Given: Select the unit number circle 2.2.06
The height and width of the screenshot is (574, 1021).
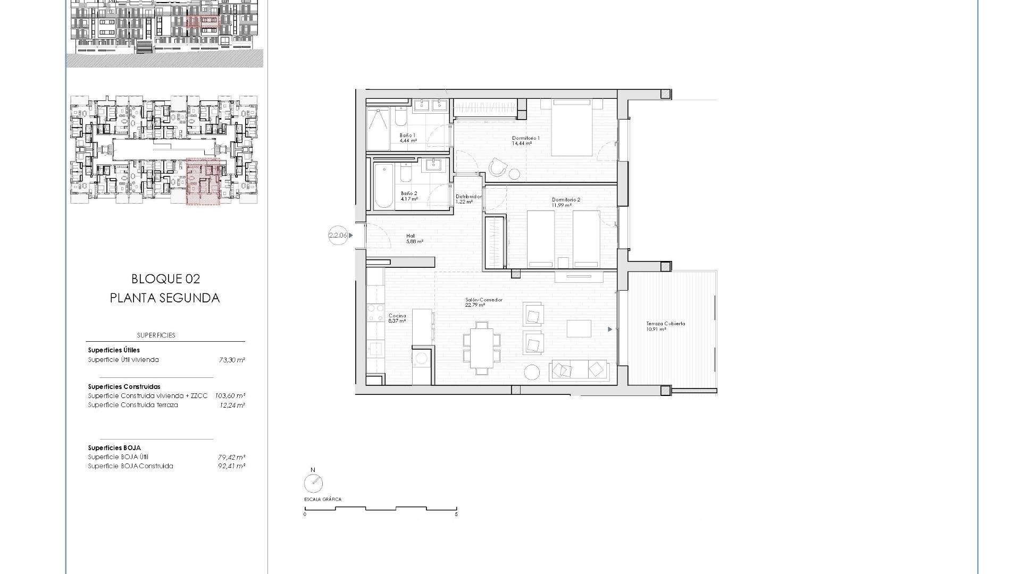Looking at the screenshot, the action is tap(338, 235).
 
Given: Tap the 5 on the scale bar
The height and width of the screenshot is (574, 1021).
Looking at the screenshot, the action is tap(456, 514).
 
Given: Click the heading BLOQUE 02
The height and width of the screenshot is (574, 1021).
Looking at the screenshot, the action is tap(165, 278).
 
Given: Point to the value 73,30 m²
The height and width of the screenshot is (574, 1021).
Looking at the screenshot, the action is tap(232, 360).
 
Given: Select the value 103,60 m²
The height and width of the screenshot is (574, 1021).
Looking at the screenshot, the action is tap(230, 396).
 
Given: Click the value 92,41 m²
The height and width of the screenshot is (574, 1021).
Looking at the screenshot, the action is tap(232, 466).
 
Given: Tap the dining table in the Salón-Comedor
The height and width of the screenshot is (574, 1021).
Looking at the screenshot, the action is tap(482, 348).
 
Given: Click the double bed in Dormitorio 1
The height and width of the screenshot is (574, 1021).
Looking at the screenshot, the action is tap(572, 127).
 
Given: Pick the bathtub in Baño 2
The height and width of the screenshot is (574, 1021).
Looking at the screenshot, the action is tap(382, 186).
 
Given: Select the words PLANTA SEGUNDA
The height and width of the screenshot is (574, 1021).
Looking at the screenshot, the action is tap(165, 298).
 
